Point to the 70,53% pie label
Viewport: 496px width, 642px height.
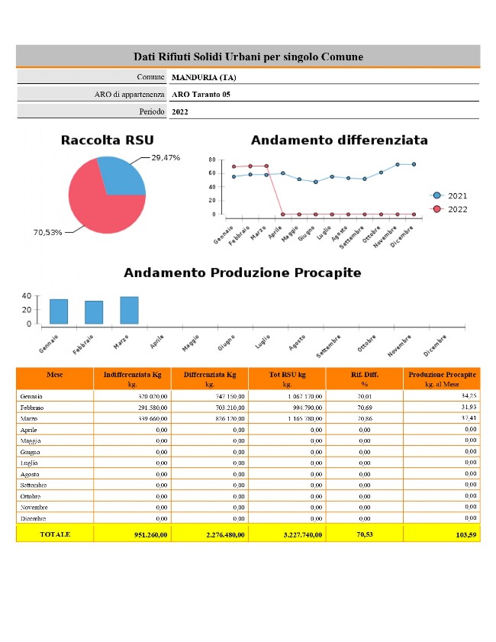pyautogui.click(x=47, y=232)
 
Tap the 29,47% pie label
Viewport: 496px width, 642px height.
pyautogui.click(x=166, y=157)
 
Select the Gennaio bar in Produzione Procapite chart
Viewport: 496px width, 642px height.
pyautogui.click(x=59, y=311)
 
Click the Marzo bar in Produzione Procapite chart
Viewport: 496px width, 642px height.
pyautogui.click(x=129, y=310)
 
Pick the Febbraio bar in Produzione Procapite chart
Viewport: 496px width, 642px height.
pyautogui.click(x=94, y=312)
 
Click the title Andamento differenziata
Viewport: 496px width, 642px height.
pyautogui.click(x=339, y=140)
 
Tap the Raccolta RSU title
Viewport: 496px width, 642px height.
pyautogui.click(x=107, y=140)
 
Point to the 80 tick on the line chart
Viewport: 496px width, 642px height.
pyautogui.click(x=211, y=160)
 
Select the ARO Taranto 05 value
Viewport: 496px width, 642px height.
pyautogui.click(x=201, y=95)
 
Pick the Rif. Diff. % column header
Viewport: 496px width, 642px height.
pyautogui.click(x=365, y=379)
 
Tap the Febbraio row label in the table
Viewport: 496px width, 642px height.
pyautogui.click(x=34, y=408)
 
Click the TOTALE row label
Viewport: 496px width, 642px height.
pyautogui.click(x=55, y=534)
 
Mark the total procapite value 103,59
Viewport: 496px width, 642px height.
pyautogui.click(x=465, y=535)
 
